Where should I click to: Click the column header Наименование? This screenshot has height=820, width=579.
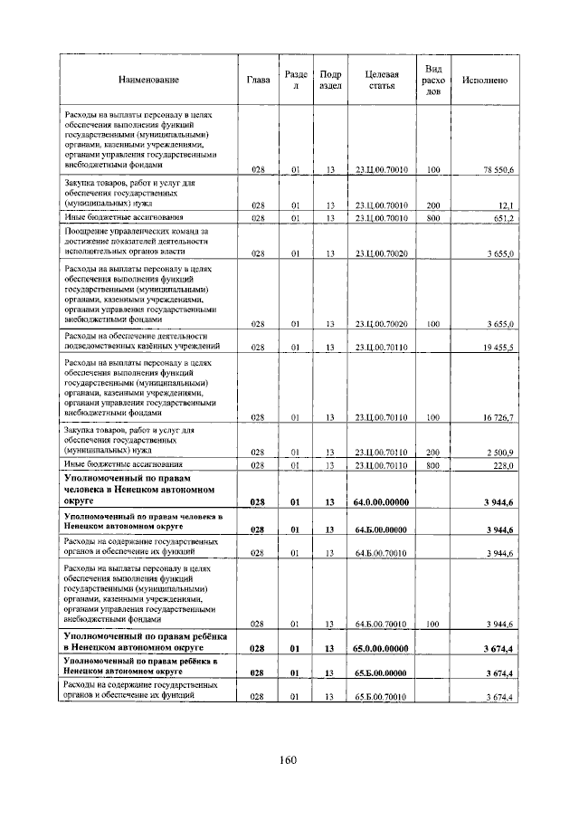[x=147, y=81]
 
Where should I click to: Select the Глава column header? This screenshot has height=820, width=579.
[x=257, y=81]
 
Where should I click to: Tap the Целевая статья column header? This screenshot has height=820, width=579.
[x=381, y=81]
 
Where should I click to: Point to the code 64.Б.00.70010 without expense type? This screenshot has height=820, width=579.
[x=381, y=552]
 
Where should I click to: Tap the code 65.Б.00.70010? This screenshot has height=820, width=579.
[x=381, y=697]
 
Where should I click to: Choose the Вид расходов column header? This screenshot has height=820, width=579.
[x=433, y=81]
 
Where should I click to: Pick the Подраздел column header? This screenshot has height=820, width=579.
[x=330, y=81]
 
